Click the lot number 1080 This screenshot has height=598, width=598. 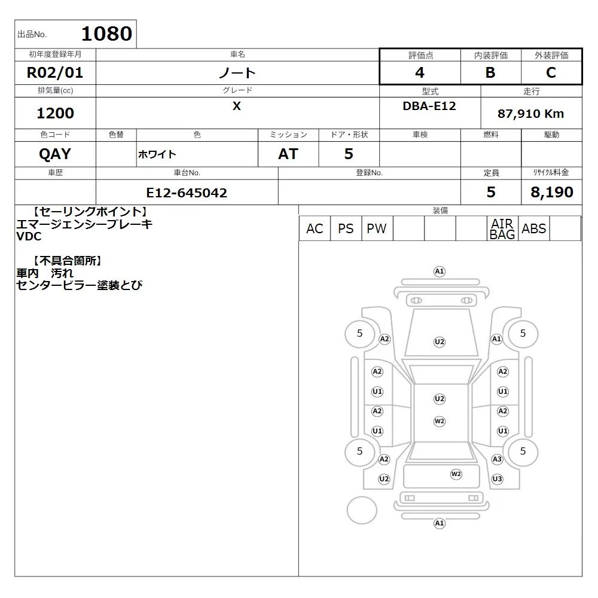tap(107, 33)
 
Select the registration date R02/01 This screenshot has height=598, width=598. tap(55, 72)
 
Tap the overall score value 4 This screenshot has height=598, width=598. tap(420, 72)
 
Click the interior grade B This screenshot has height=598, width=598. tap(490, 72)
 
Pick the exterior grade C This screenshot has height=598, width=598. tap(551, 72)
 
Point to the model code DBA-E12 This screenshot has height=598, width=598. tap(429, 106)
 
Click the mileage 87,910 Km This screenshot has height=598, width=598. tap(530, 114)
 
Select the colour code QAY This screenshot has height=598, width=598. tap(55, 154)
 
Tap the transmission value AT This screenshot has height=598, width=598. tap(288, 154)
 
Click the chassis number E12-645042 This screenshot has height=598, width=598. tap(187, 193)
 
